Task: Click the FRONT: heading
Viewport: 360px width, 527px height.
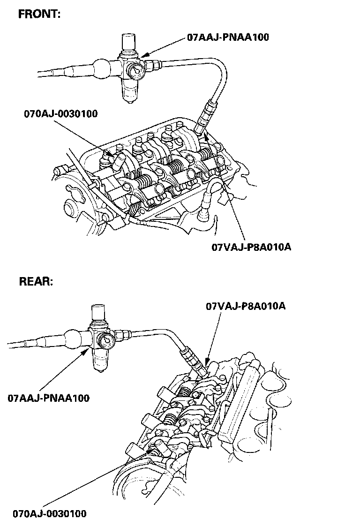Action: click(39, 14)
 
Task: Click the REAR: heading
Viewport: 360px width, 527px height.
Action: click(36, 281)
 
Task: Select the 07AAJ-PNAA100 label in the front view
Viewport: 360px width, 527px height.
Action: click(228, 37)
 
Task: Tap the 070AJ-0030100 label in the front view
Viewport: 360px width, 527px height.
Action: click(61, 113)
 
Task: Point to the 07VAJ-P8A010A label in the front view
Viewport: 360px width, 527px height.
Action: click(251, 248)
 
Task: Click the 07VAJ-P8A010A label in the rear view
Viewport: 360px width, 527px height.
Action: click(246, 306)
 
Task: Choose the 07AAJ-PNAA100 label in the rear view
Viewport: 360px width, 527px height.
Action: click(49, 398)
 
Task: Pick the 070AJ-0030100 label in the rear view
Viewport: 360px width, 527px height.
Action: click(50, 513)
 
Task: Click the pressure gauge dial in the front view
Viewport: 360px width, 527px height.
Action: click(136, 71)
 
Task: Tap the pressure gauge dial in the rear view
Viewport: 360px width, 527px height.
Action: click(107, 341)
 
